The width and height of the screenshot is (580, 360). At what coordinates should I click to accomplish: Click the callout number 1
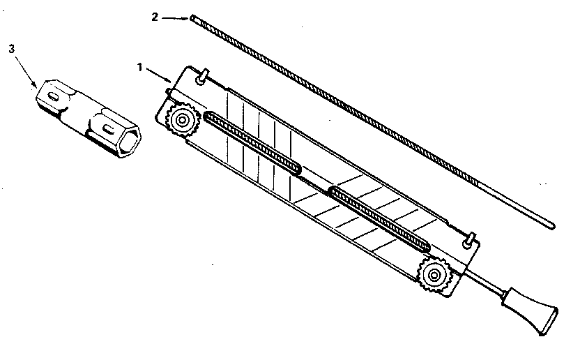coord(140,68)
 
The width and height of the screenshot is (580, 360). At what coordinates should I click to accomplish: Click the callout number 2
coord(155,17)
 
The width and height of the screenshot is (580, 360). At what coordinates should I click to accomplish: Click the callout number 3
coord(13,49)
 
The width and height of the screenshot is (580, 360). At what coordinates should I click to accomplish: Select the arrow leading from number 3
coord(26,70)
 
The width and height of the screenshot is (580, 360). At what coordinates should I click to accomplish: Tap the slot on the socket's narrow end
coord(54,97)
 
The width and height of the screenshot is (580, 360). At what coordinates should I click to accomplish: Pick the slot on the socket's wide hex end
coord(108,129)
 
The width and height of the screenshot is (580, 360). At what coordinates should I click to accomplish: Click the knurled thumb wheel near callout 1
coord(182,120)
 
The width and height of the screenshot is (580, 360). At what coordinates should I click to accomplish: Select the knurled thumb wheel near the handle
coord(434,275)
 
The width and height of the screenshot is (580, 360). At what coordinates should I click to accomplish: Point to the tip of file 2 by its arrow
coord(192,17)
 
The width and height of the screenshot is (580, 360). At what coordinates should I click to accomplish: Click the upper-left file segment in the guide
coord(252,143)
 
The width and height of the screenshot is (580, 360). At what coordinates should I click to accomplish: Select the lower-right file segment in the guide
coord(379,219)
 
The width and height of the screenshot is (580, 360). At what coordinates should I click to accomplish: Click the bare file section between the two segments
coord(315,181)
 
